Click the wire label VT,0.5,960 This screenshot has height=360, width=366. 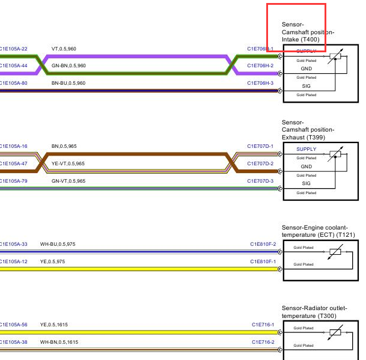click(64, 49)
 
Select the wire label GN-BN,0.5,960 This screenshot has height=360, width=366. click(69, 65)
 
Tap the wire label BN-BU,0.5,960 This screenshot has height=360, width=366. click(69, 83)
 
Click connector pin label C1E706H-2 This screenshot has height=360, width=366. click(260, 66)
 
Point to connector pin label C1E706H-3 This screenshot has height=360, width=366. click(260, 83)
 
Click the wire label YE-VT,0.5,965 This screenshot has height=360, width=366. click(68, 163)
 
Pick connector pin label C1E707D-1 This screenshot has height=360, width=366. click(260, 146)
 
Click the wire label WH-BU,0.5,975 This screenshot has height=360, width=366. click(58, 245)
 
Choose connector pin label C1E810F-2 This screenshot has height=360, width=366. click(263, 245)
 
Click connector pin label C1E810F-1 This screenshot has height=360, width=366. click(263, 261)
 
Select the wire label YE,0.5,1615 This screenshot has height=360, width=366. click(54, 325)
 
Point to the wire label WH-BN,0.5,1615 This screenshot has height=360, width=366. click(59, 342)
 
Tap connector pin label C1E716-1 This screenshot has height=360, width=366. click(263, 325)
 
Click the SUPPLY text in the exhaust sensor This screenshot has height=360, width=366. click(306, 149)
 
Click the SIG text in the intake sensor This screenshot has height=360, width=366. click(306, 87)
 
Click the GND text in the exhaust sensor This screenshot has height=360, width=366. click(306, 166)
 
